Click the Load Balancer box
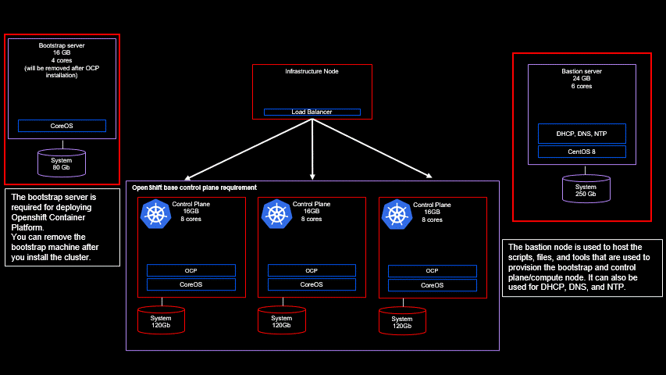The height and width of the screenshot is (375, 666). point(312,112)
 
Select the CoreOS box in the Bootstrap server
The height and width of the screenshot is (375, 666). point(62,126)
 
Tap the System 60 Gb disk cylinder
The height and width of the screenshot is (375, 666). point(62,162)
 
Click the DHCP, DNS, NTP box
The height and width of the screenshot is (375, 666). point(581,134)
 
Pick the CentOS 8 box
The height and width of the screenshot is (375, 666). point(581,152)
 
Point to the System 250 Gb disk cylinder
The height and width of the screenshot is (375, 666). point(586,188)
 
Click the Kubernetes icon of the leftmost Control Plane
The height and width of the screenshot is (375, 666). point(155,214)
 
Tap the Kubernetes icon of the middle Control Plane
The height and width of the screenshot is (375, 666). point(276,214)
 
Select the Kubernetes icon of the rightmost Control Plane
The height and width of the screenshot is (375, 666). point(397,214)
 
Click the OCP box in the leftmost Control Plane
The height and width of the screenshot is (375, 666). point(191,270)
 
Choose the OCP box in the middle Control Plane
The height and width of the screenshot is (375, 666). point(311,270)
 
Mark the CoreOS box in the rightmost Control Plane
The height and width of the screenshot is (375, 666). point(432,285)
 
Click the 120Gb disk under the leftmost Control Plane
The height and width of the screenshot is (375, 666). point(161,320)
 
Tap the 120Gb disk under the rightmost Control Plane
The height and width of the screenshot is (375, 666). point(402,320)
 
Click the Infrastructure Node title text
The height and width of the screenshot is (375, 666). point(312,71)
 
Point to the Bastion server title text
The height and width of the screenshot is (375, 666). point(582,71)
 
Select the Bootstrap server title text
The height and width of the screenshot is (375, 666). point(62,46)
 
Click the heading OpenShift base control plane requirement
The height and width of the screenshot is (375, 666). point(194,187)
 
